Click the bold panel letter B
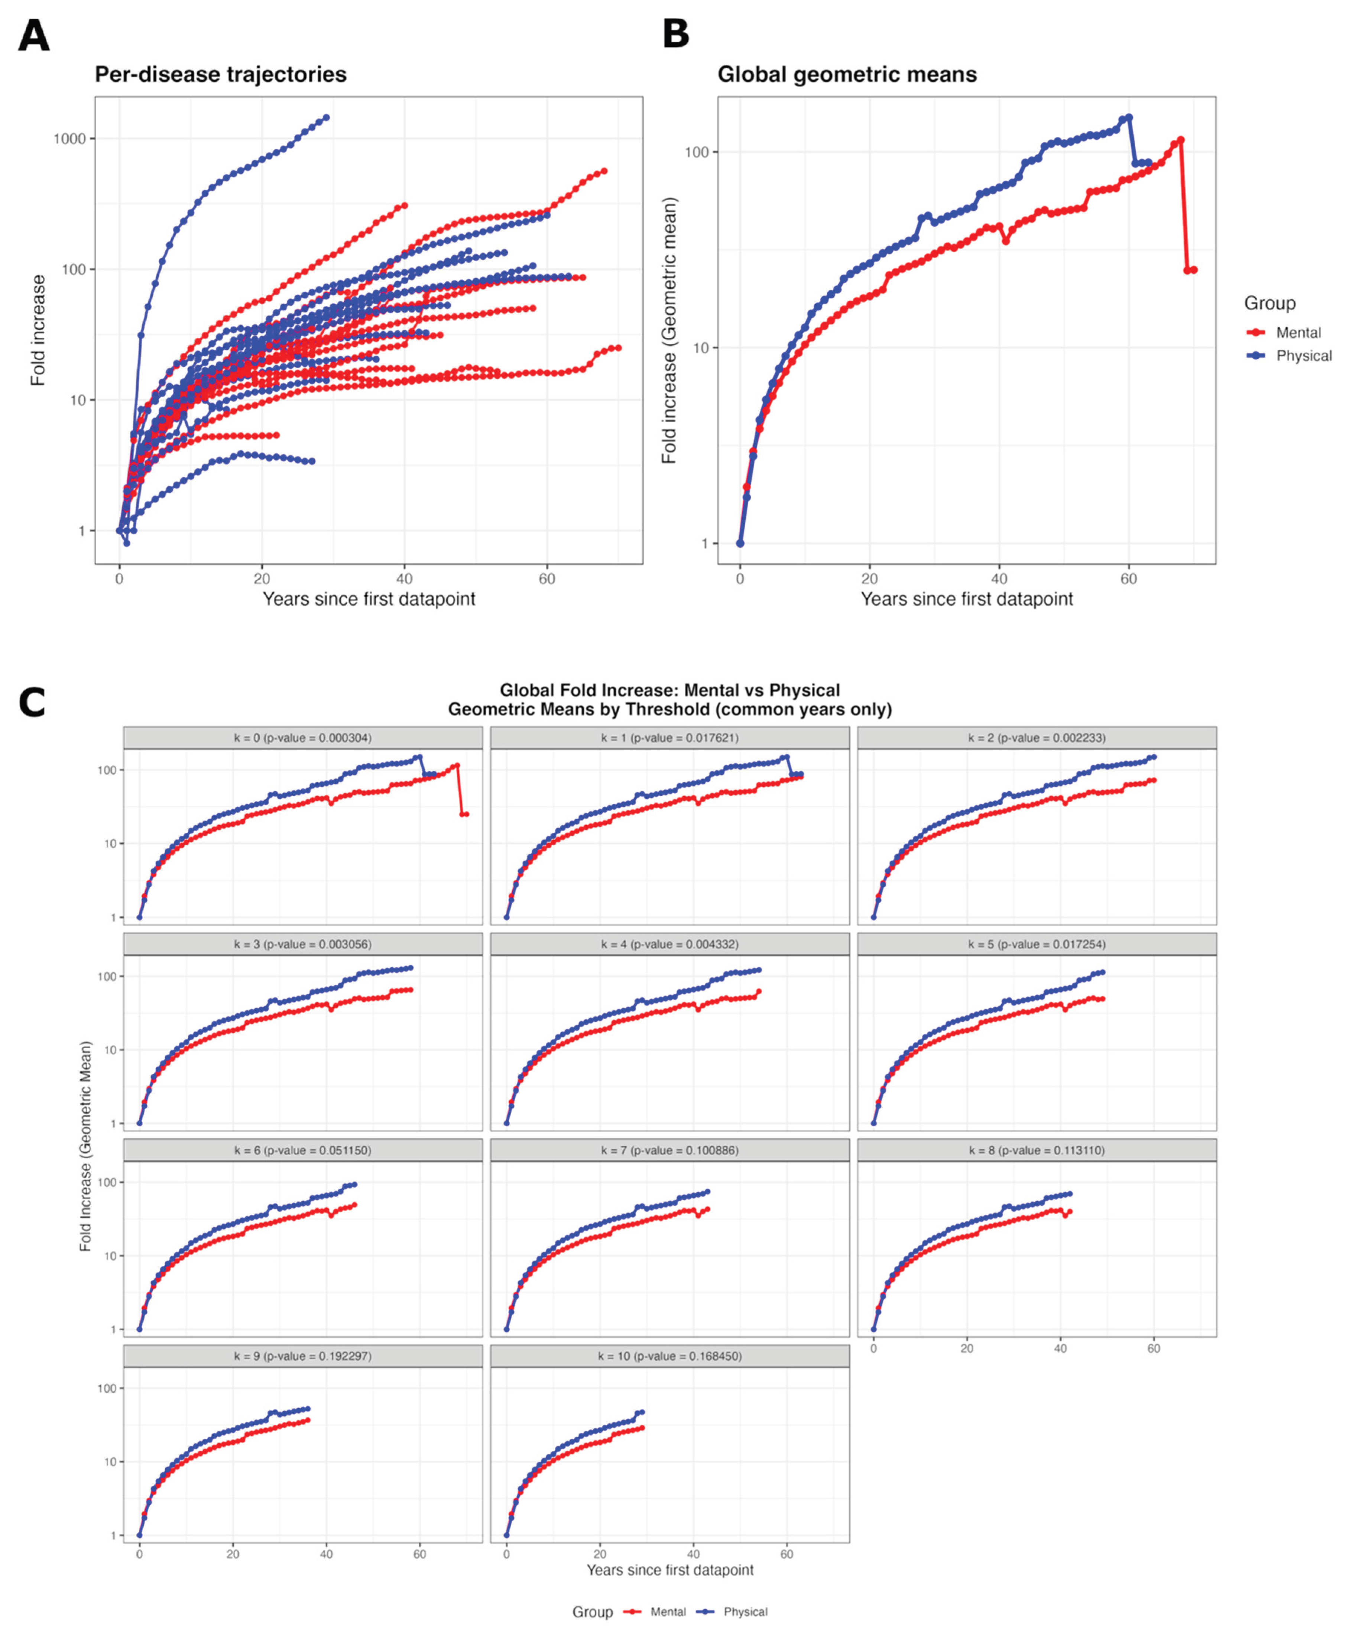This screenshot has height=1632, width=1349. (x=676, y=34)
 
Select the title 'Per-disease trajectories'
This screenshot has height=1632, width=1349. (x=221, y=75)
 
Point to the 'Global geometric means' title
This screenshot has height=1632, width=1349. (x=847, y=75)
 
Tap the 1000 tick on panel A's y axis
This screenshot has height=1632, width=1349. (x=69, y=139)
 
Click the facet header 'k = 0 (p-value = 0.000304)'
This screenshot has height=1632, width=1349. (x=303, y=738)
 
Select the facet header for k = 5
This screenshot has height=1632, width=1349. (x=1037, y=944)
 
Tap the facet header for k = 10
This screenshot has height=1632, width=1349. (x=670, y=1356)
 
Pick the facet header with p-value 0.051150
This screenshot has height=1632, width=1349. (x=303, y=1150)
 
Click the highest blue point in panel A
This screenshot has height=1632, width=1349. (x=326, y=117)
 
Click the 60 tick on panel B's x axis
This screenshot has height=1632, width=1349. (x=1129, y=579)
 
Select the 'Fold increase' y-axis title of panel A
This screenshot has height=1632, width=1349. (x=37, y=330)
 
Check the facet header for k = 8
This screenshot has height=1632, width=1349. (x=1037, y=1150)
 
